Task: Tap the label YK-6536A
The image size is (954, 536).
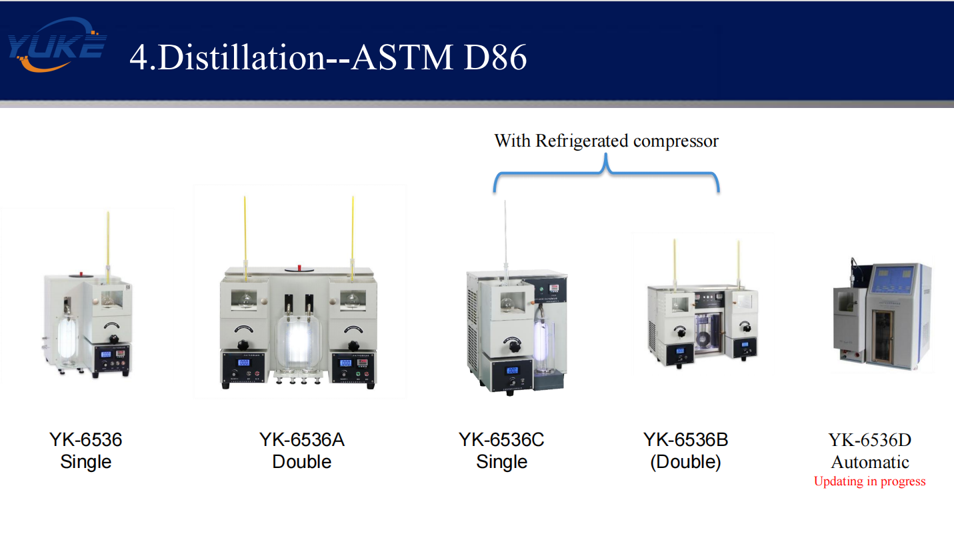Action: pyautogui.click(x=301, y=440)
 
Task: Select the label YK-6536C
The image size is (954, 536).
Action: pyautogui.click(x=501, y=440)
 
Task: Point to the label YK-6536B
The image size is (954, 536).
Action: pyautogui.click(x=685, y=440)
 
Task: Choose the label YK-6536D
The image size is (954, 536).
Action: pyautogui.click(x=869, y=440)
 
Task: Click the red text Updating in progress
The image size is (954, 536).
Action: pyautogui.click(x=869, y=481)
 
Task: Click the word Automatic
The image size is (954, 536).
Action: pyautogui.click(x=869, y=462)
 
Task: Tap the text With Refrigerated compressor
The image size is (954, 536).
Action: pyautogui.click(x=606, y=141)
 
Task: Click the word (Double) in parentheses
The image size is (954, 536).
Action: pyautogui.click(x=685, y=462)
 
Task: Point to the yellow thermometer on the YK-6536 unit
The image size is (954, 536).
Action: pyautogui.click(x=108, y=240)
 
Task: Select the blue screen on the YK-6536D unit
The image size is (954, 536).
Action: pyautogui.click(x=896, y=283)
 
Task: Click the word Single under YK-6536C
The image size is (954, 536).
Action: pyautogui.click(x=501, y=462)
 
